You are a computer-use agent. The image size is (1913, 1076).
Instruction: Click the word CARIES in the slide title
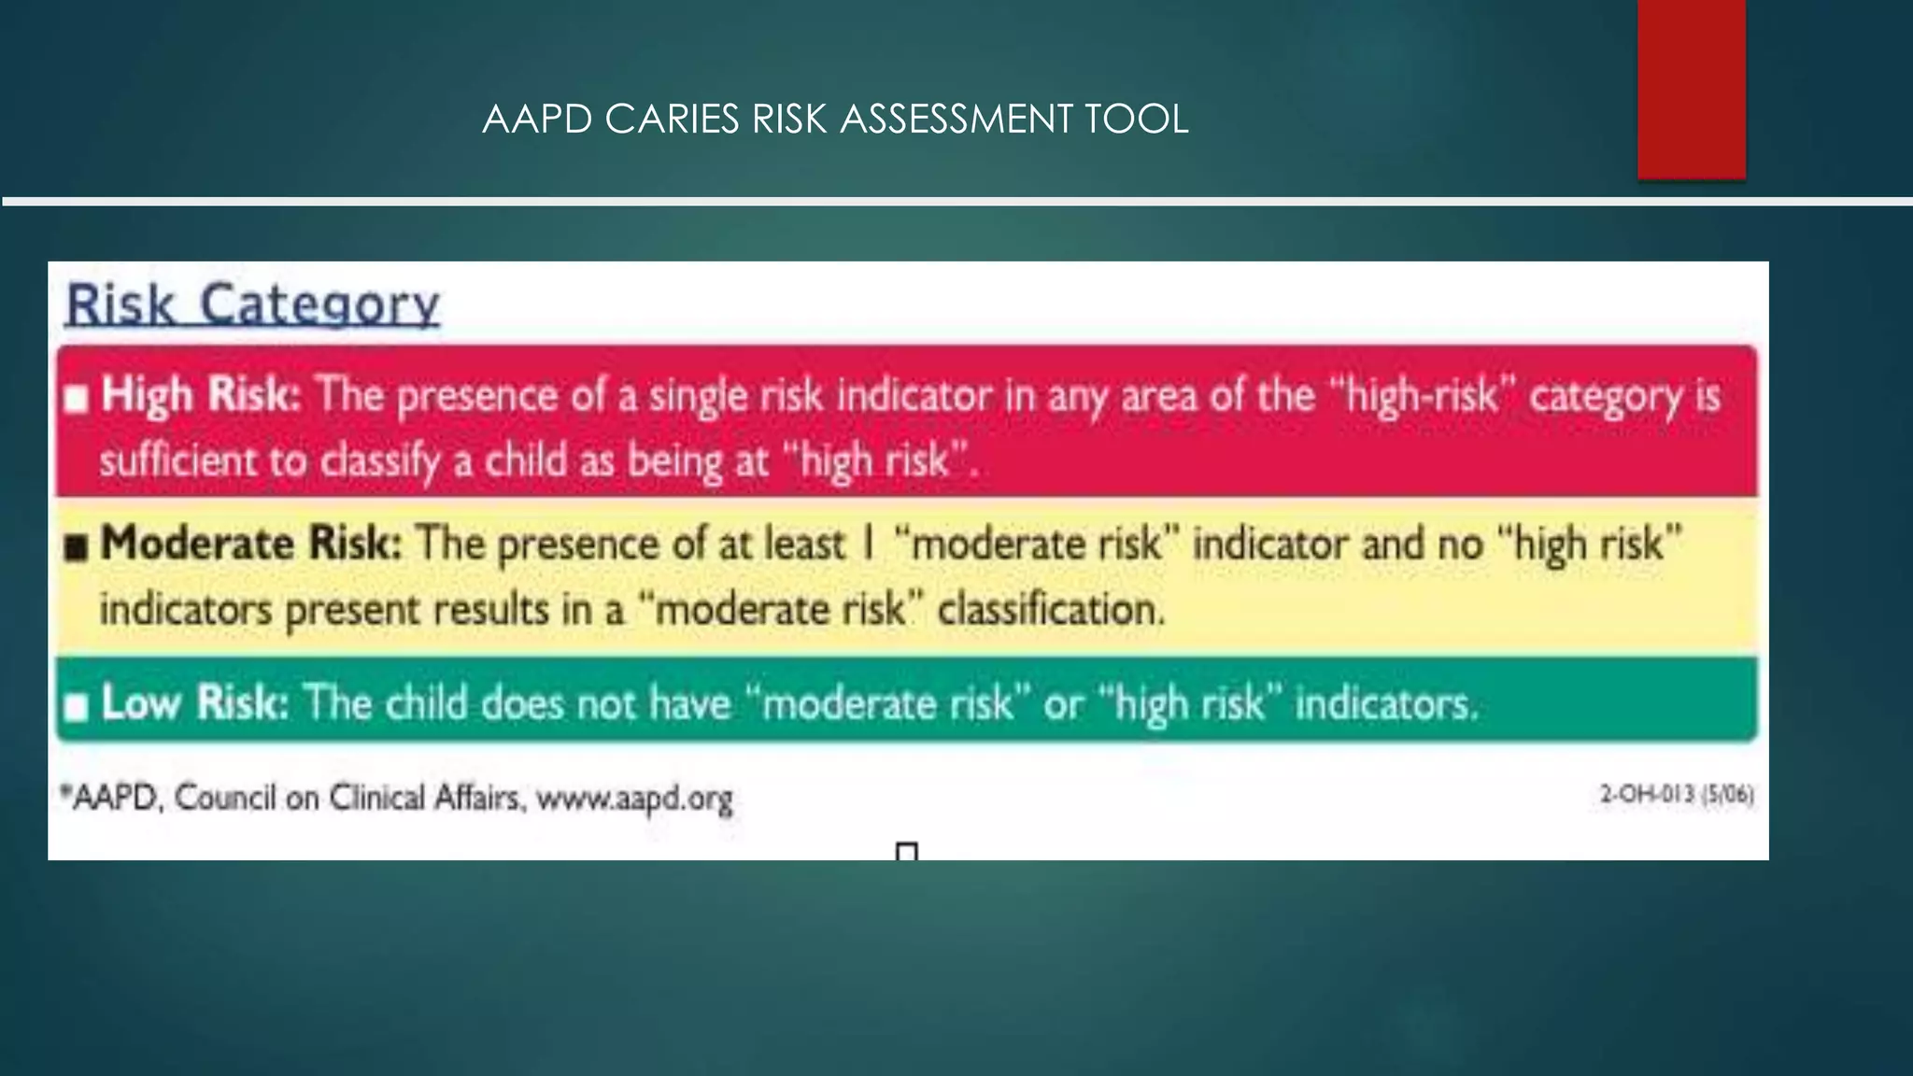point(672,120)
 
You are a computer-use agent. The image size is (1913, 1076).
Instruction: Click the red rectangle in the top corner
point(1691,89)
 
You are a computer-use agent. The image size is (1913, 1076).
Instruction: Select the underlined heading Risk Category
point(252,304)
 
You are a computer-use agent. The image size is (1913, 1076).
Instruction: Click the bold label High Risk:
point(201,394)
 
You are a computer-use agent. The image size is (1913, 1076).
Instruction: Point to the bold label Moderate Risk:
point(251,544)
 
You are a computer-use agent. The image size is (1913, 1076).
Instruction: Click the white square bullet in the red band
point(77,400)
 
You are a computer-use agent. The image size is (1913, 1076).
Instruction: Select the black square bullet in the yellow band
point(77,547)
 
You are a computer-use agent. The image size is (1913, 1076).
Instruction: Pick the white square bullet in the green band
point(77,707)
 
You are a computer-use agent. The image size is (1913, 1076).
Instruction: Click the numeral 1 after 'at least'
point(868,544)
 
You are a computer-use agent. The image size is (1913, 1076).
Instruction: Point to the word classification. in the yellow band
point(1052,609)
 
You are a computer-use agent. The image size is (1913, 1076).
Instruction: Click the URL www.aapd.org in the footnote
point(634,799)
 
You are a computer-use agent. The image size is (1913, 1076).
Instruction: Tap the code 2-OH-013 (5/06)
point(1677,795)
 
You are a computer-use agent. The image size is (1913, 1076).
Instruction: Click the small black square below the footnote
point(906,851)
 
